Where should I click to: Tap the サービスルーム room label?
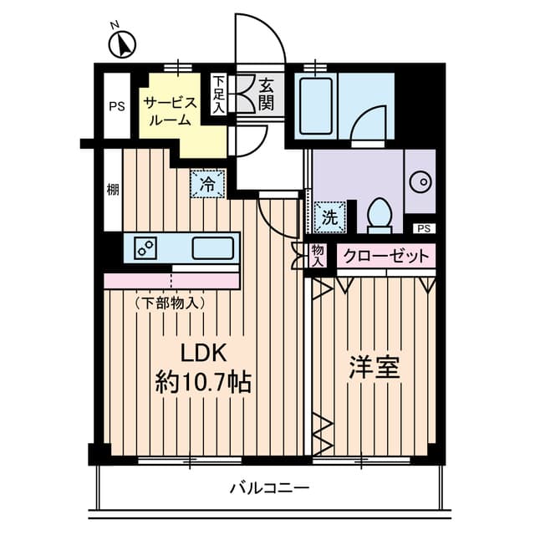point(171,110)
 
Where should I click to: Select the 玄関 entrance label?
point(267,93)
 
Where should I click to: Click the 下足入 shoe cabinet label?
point(218,94)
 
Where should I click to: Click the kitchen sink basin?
point(212,248)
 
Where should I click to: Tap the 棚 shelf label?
point(112,190)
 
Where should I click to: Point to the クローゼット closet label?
point(385,256)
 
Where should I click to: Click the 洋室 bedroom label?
point(374,369)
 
